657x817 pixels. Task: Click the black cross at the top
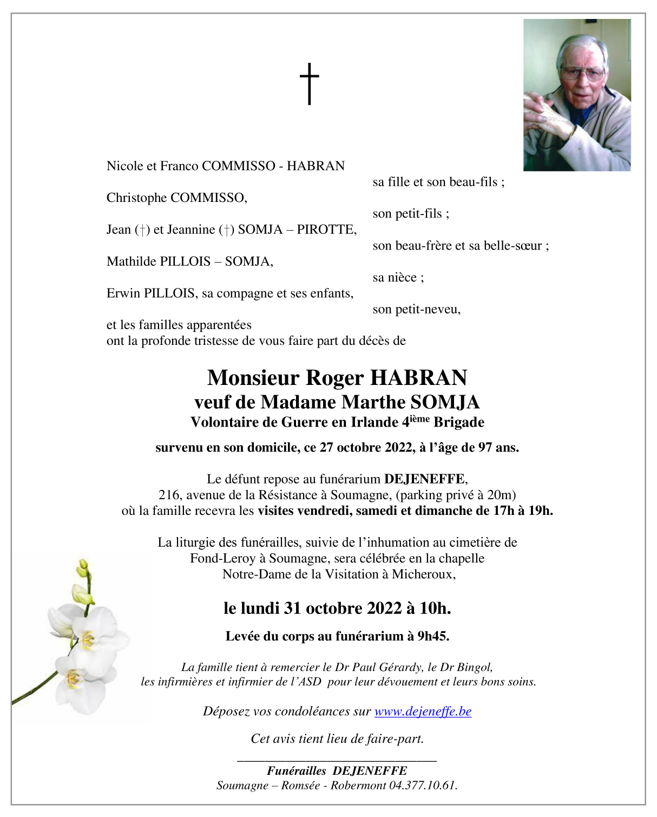point(309,83)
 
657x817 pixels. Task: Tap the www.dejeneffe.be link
point(423,711)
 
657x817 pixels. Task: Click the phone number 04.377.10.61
point(423,785)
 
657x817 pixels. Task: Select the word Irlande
point(375,422)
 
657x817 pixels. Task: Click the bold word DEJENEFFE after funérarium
point(424,479)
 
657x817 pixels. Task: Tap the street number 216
point(169,494)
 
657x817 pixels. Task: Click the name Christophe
point(136,198)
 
